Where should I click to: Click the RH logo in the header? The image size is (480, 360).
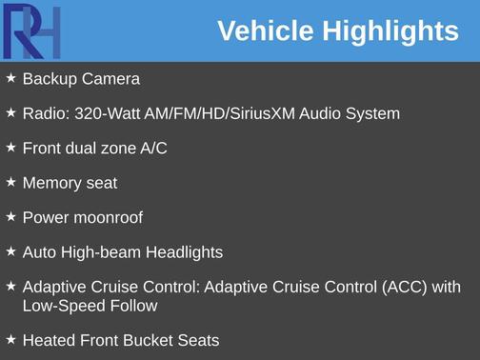30,30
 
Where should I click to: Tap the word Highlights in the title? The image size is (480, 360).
390,31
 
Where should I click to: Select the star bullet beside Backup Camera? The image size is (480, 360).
10,77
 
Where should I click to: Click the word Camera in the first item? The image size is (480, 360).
110,79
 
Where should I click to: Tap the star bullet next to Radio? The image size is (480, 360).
10,112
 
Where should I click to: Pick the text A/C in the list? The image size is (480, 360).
153,149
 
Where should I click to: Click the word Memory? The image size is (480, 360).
53,183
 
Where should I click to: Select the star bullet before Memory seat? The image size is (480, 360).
10,181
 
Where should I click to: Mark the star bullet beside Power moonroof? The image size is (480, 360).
10,216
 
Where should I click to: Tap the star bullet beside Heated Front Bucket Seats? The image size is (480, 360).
10,338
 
